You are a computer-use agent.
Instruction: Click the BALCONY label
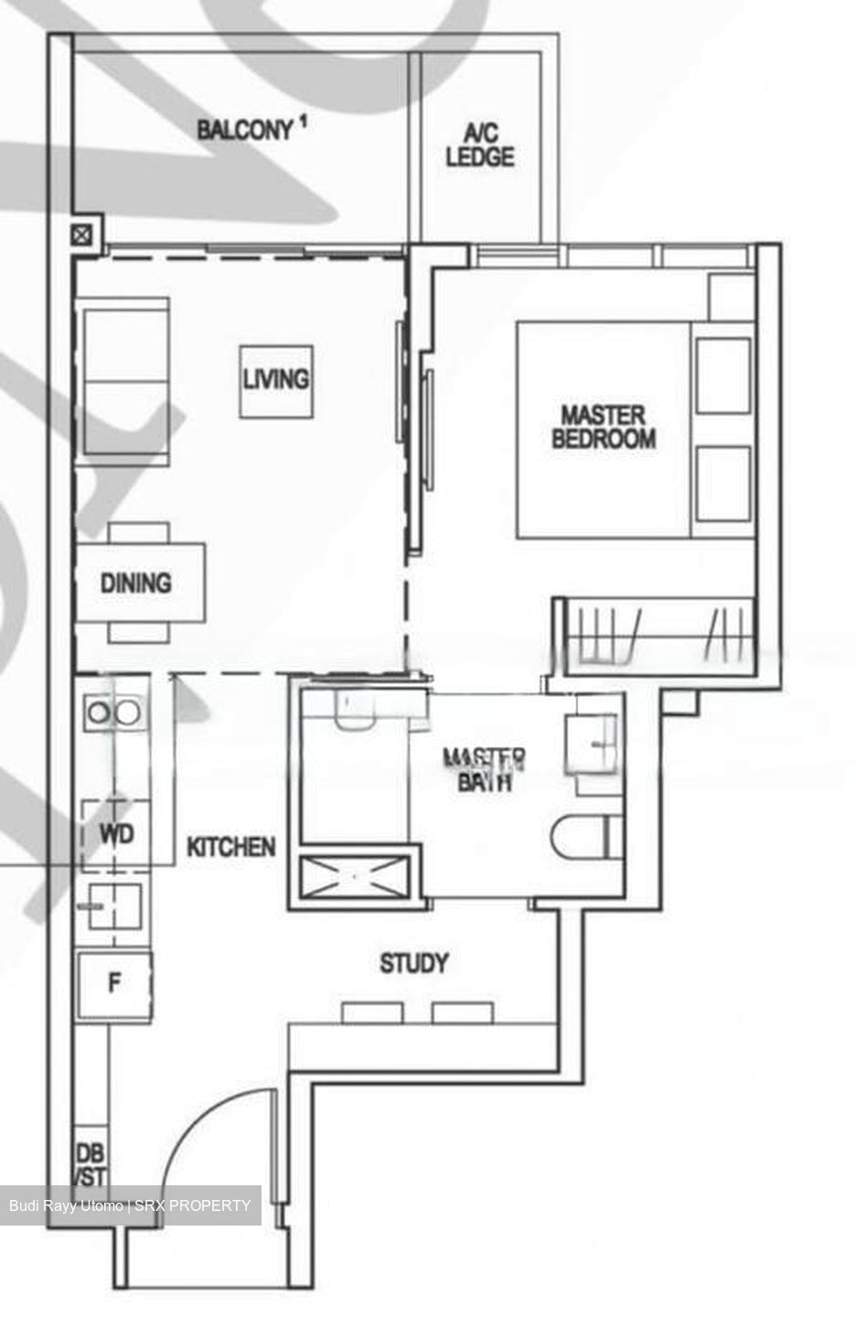point(243,130)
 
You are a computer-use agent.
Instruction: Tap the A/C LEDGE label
point(480,145)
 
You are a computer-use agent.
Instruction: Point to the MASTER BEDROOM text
point(604,427)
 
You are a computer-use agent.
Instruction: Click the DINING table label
point(137,583)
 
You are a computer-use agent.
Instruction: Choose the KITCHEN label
point(230,847)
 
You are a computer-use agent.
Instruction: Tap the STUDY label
point(414,963)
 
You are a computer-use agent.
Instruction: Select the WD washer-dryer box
point(116,834)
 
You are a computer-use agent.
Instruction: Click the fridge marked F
point(114,985)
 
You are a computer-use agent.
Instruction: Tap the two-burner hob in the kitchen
point(112,711)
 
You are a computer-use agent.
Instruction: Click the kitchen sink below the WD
point(113,907)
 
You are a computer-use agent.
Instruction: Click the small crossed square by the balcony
point(83,235)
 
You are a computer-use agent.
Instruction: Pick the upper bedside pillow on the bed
point(722,375)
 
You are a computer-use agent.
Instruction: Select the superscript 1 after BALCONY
point(302,122)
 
